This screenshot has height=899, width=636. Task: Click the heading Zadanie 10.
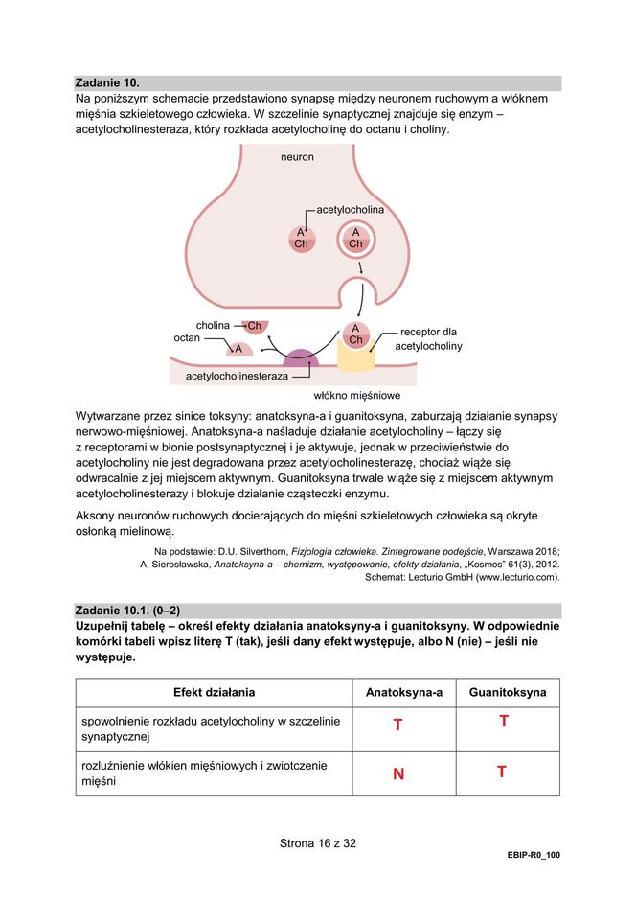point(113,83)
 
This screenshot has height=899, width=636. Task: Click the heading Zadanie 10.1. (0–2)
point(129,611)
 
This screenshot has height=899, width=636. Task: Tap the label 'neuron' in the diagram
point(297,156)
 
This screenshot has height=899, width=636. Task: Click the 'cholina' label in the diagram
point(213,325)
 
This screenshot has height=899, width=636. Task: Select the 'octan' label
point(187,338)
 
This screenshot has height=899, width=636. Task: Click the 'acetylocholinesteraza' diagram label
point(237,377)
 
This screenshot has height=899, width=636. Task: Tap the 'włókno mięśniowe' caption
point(356,395)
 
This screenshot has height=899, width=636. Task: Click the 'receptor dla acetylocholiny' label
point(428,338)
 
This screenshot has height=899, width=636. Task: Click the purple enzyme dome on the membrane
point(302,358)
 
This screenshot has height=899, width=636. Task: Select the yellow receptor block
point(355,357)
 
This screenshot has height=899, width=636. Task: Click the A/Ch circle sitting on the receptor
point(355,334)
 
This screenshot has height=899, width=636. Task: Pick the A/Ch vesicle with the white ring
point(355,239)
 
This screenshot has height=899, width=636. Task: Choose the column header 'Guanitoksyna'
point(507,692)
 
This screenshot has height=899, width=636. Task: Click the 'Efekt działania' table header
point(215,692)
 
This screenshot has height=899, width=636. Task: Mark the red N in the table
point(397,773)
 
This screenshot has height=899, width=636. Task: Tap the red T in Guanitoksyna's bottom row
point(502,772)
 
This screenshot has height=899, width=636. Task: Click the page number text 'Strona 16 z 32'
point(318,843)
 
